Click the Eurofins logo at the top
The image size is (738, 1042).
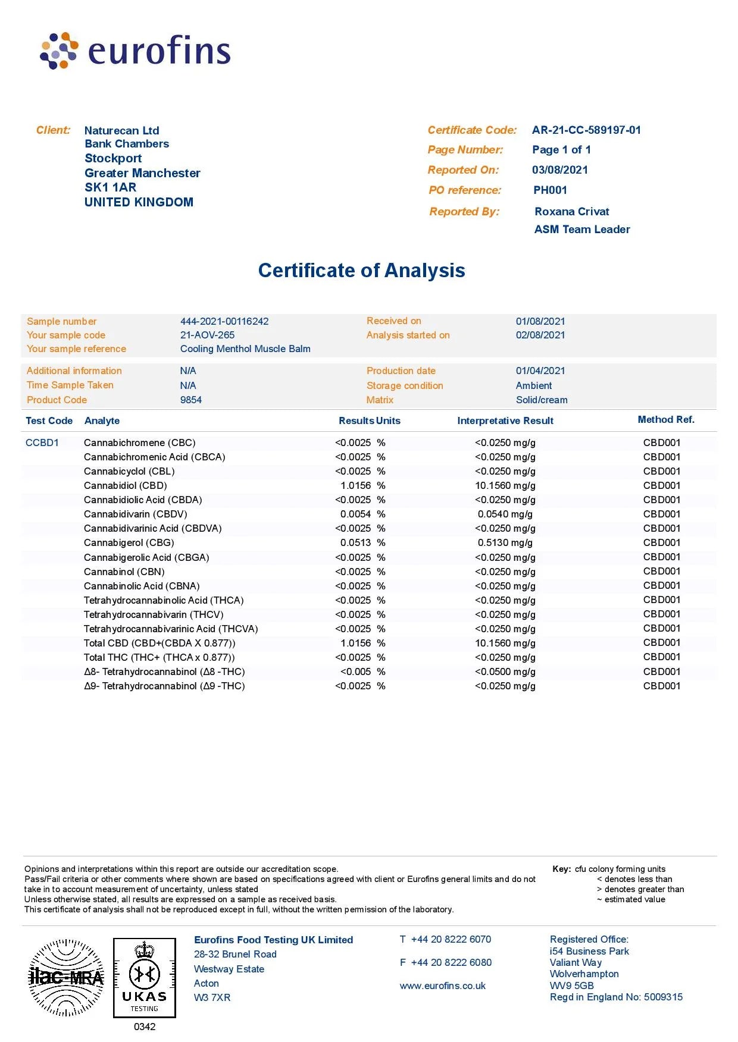coord(135,51)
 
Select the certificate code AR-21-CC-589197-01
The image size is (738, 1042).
coord(586,130)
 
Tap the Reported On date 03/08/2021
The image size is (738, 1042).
coord(559,170)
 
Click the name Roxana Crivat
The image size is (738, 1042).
coord(571,212)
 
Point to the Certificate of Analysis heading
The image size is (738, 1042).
coord(361,271)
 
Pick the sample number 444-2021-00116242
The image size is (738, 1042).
coord(224,321)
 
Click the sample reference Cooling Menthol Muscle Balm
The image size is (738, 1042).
coord(245,349)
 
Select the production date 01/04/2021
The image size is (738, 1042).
coord(540,371)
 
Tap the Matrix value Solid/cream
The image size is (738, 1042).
coord(542,400)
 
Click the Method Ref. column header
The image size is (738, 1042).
coord(666,420)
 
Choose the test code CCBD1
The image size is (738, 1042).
coord(42,443)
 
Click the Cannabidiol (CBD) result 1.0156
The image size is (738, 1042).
coord(355,486)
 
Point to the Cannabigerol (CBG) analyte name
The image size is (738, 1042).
coord(129,543)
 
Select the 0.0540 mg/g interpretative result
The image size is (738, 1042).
coord(505,514)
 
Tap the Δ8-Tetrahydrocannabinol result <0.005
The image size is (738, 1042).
coord(355,672)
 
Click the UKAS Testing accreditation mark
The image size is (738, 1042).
coord(145,978)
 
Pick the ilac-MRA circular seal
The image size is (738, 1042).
coord(66,977)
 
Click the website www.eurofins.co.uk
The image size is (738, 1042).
coord(442,986)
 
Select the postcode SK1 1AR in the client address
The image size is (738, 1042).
coord(110,188)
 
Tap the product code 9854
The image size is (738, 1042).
coord(191,400)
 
